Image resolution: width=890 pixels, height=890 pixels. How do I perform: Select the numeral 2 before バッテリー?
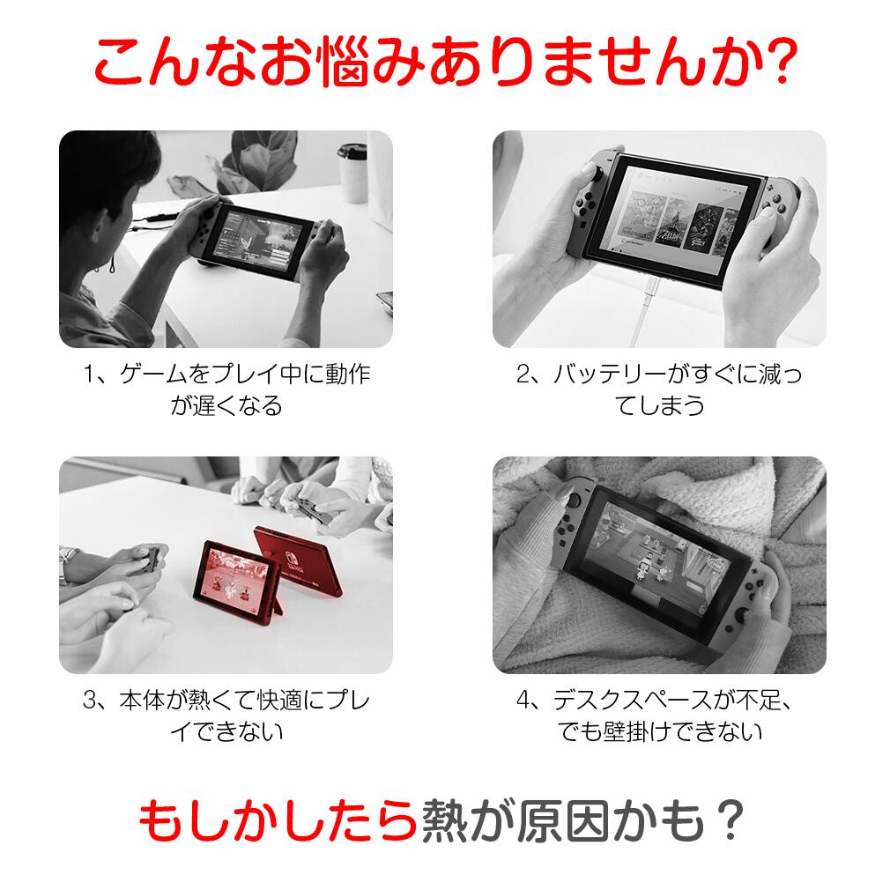click(x=523, y=374)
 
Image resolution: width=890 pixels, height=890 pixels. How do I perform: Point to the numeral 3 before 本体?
click(x=90, y=701)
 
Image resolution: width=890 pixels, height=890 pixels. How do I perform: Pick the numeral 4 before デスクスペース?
click(x=523, y=701)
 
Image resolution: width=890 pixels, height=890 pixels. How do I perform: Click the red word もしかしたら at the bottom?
click(x=278, y=820)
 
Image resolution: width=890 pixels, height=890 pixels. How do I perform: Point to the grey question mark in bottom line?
click(x=730, y=820)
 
